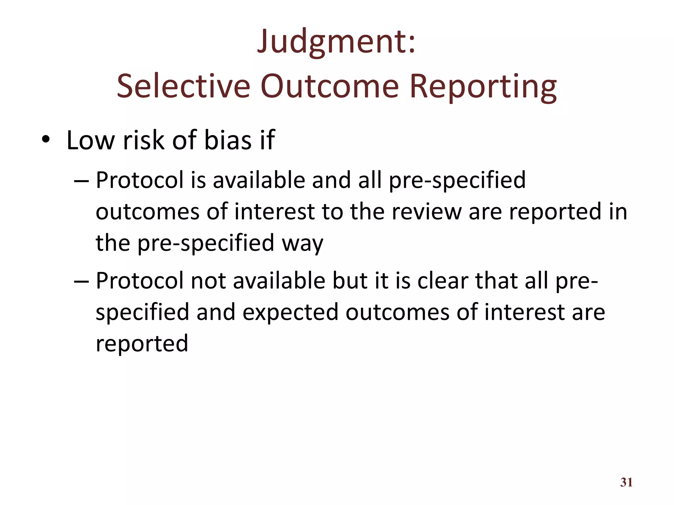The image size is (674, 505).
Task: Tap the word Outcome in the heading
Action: (329, 86)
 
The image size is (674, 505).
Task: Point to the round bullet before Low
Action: (45, 141)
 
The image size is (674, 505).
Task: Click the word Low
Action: (91, 140)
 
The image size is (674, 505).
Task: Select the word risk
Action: (143, 140)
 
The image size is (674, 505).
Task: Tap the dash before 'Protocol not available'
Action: (81, 281)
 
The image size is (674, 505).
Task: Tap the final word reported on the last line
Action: (142, 343)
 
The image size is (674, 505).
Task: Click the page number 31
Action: (626, 482)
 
